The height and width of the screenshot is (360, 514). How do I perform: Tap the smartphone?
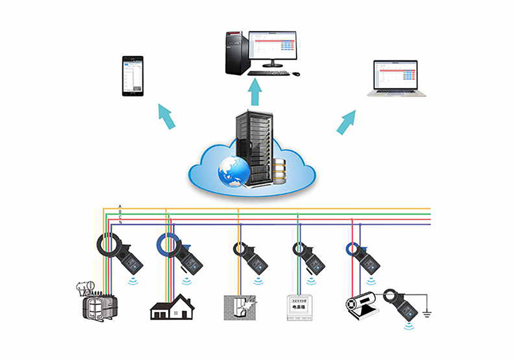(x=132, y=76)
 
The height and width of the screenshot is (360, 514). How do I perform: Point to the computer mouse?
(x=297, y=74)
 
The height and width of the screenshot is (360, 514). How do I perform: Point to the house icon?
(x=172, y=307)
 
